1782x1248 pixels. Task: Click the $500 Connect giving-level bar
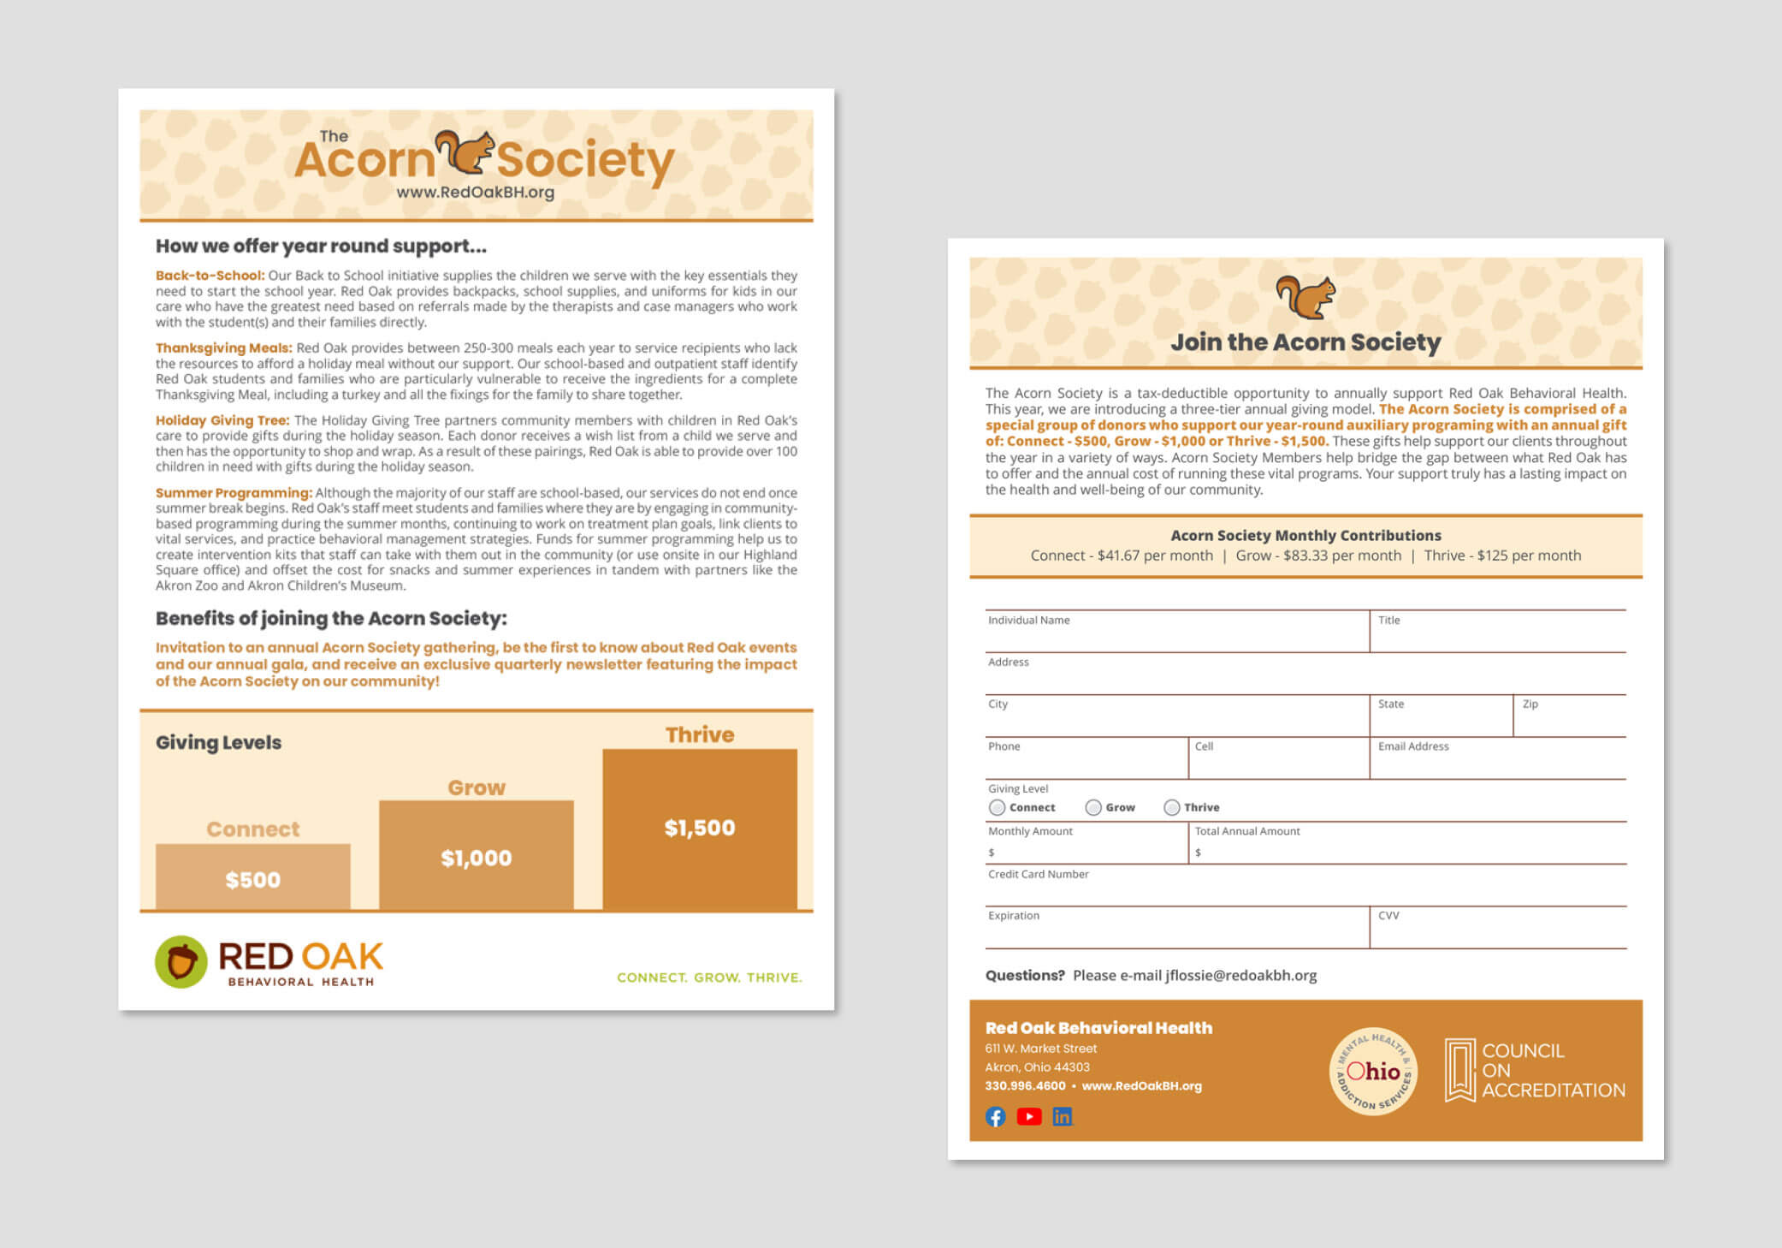tap(252, 877)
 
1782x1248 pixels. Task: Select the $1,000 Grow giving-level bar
tap(476, 854)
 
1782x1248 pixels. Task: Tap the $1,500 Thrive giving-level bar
tap(699, 828)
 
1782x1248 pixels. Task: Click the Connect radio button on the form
tap(997, 807)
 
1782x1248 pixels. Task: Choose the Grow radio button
tap(1092, 807)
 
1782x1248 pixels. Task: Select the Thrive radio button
tap(1171, 807)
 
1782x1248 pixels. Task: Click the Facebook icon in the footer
tap(995, 1116)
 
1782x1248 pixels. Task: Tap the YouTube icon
tap(1028, 1116)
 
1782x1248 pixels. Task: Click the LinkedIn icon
tap(1062, 1116)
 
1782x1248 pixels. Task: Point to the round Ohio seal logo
tap(1372, 1071)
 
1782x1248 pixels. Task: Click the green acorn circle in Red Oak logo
tap(181, 961)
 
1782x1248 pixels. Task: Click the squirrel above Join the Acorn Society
tap(1305, 296)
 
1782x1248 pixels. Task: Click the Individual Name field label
tap(1028, 620)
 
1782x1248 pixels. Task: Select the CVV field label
tap(1388, 915)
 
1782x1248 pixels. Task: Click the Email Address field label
tap(1413, 746)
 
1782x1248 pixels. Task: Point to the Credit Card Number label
tap(1038, 874)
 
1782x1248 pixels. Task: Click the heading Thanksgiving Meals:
tap(223, 348)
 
